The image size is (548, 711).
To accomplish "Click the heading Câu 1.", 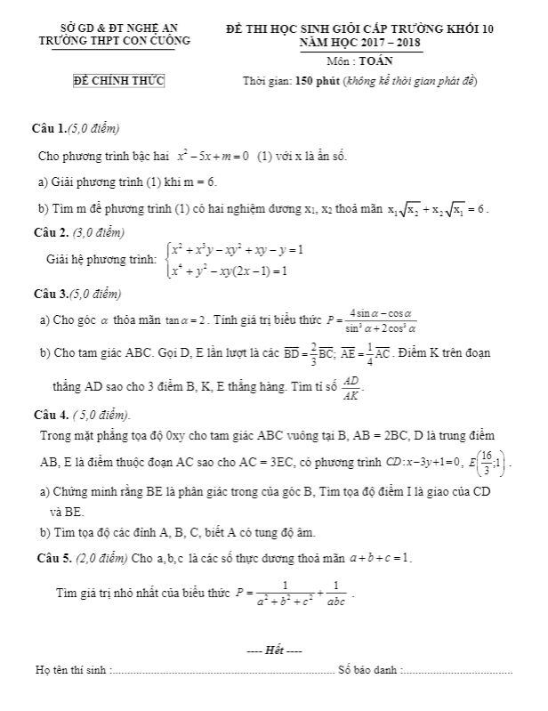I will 48,130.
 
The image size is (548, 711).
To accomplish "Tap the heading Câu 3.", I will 50,294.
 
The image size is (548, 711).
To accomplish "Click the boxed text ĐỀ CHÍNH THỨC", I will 118,83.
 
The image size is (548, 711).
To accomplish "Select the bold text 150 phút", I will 329,83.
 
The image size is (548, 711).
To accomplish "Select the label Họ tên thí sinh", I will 72,669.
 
